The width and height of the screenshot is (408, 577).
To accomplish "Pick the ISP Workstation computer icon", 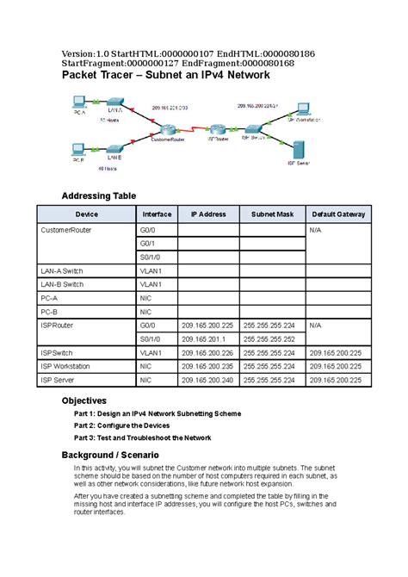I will (301, 109).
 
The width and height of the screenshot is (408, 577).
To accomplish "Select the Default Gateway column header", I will (338, 214).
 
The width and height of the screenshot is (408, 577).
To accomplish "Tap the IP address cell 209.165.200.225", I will (207, 326).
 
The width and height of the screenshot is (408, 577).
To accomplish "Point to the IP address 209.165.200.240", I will (207, 379).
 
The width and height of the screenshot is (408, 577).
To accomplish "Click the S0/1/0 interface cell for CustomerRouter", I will (151, 257).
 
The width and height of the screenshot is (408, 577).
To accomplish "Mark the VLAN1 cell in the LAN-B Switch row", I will (151, 284).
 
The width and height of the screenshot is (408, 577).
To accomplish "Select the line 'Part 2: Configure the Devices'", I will (121, 425).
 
